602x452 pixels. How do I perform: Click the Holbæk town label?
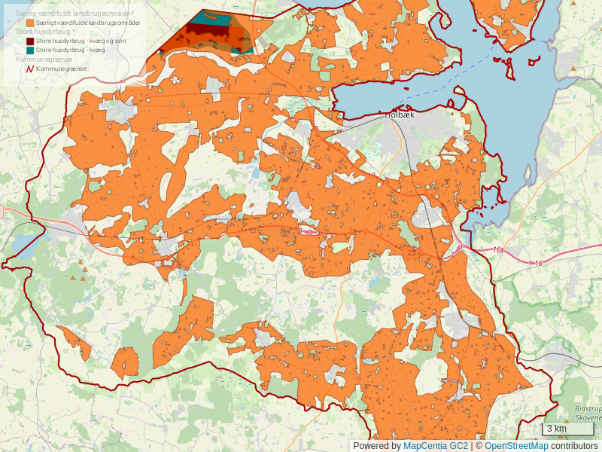400,115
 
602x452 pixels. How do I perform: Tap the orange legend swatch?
30,23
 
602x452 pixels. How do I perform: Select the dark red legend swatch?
30,41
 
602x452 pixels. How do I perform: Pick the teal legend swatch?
30,50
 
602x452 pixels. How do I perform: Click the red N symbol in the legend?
30,69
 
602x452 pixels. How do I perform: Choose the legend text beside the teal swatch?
70,50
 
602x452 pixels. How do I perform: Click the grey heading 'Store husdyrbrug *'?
44,32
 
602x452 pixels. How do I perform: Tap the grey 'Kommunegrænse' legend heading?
41,59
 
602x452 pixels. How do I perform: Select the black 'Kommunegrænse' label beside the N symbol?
61,69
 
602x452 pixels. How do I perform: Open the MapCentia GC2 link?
436,446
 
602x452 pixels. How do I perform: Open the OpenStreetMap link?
516,446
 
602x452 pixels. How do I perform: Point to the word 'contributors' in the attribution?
574,446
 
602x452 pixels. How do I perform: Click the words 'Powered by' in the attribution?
376,446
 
